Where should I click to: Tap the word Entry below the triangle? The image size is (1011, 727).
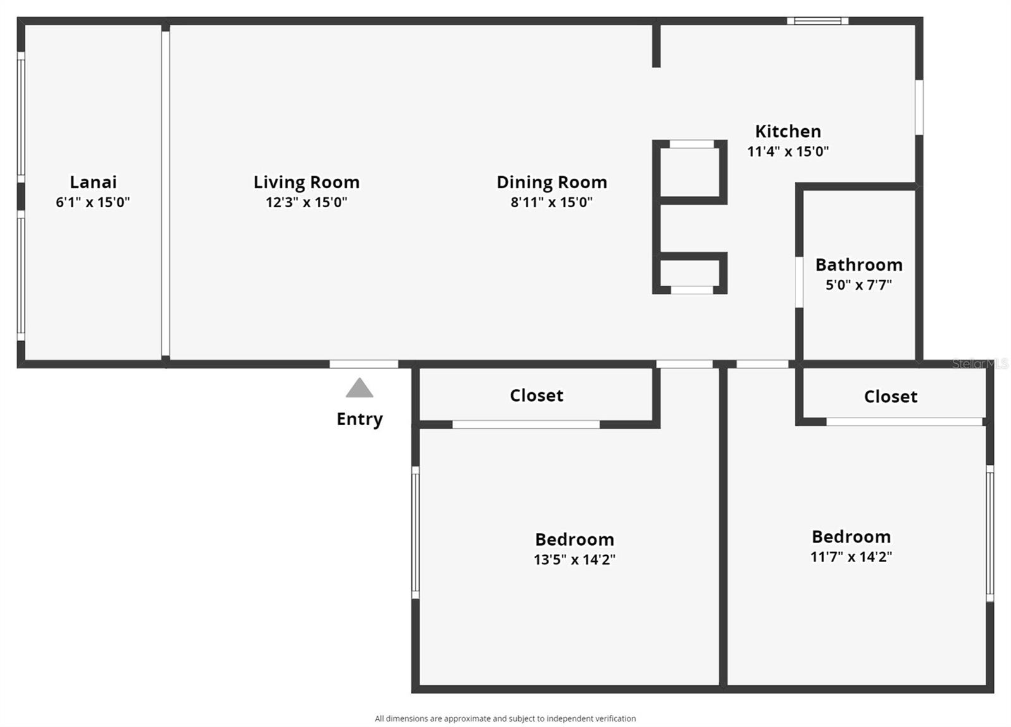[360, 419]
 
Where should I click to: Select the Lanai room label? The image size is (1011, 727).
[93, 183]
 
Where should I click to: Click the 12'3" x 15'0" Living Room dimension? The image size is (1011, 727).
[306, 202]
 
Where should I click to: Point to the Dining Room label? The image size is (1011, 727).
[552, 183]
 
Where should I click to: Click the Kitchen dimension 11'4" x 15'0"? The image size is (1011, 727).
[788, 152]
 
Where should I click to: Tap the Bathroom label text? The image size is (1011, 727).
[859, 265]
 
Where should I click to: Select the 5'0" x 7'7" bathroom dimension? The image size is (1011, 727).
[859, 285]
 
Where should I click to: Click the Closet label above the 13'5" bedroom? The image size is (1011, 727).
[536, 395]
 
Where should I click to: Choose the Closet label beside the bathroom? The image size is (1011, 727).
[890, 397]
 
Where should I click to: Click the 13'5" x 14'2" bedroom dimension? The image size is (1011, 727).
[574, 560]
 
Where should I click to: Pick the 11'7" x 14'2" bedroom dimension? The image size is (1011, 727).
[851, 557]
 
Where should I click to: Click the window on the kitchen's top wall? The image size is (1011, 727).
[817, 21]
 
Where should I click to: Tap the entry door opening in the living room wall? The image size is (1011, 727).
[364, 364]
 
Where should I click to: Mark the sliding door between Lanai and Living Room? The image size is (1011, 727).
[166, 193]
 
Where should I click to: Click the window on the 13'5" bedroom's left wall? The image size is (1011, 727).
[415, 532]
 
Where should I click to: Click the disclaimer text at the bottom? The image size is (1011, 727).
[505, 718]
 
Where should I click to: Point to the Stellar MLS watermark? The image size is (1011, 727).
[979, 364]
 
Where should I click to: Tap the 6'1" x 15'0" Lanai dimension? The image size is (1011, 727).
[93, 202]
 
